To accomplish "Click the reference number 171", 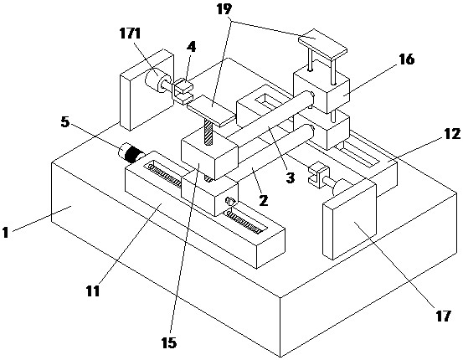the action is pos(130,34).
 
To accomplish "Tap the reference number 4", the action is pos(192,47).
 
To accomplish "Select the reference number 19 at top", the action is pos(224,9).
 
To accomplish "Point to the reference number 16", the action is pos(407,59).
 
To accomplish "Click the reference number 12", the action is pos(452,134).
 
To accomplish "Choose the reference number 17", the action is pos(443,316).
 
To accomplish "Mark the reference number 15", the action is pos(169,343).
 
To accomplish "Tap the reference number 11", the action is pos(93,291).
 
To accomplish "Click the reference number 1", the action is pos(5,232).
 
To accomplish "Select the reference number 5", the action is pos(65,121).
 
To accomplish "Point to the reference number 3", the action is pos(291,177).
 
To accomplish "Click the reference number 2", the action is pos(264,201).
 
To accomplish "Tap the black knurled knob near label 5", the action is pos(133,152).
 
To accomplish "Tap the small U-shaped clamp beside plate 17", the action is pos(318,175).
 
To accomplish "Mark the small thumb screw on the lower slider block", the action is pos(230,202).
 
